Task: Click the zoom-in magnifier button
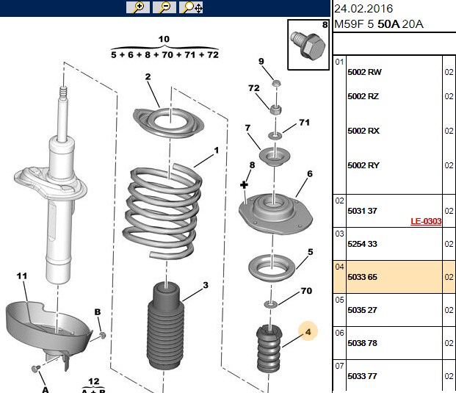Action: (x=138, y=7)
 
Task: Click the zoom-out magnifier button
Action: (x=164, y=7)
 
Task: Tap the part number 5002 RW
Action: (x=364, y=72)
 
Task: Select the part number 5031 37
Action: (x=362, y=211)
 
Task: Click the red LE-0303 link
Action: (x=426, y=221)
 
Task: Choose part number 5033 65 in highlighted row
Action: (x=362, y=277)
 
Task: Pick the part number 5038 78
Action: (x=362, y=343)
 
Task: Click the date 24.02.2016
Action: (x=363, y=9)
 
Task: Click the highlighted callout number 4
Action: (x=308, y=331)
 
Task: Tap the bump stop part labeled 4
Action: (x=269, y=349)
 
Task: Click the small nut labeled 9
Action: (x=276, y=83)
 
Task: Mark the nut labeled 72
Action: (x=275, y=109)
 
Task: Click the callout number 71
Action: (x=304, y=123)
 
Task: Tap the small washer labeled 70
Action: (x=270, y=304)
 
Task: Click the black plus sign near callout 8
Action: (x=244, y=184)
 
